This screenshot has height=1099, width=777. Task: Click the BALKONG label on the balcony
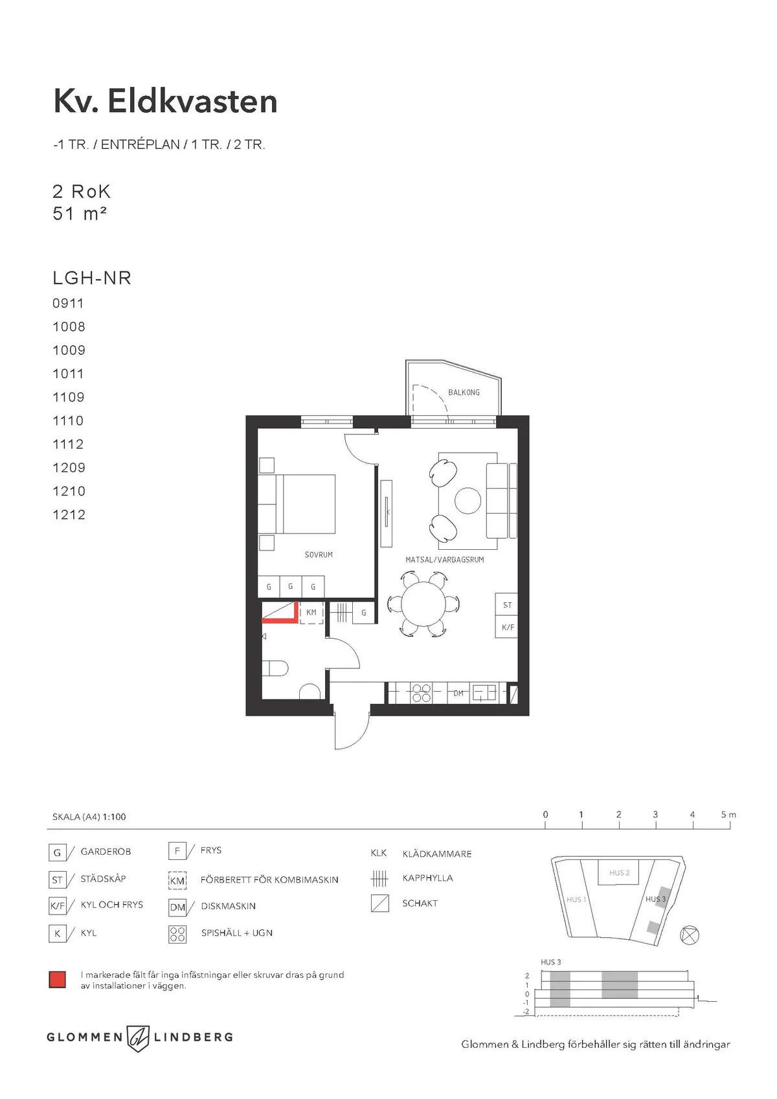click(464, 392)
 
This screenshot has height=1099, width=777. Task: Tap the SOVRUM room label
click(319, 554)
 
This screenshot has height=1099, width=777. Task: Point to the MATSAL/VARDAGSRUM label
click(444, 560)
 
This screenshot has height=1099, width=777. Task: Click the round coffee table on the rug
click(467, 501)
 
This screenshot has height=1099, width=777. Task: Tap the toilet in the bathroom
click(275, 668)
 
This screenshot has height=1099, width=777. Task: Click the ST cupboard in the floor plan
click(507, 605)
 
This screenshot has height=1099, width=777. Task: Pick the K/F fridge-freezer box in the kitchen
click(507, 627)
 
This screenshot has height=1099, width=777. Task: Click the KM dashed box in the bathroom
click(311, 613)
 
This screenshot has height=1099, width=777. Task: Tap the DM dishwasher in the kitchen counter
click(458, 693)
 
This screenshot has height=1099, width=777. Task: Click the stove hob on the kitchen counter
click(421, 693)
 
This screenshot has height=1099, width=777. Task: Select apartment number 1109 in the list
click(68, 397)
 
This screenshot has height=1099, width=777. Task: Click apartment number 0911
click(68, 303)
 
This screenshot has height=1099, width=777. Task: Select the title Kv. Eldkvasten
click(165, 102)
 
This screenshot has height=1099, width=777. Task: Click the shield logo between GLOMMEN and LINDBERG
click(139, 1037)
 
